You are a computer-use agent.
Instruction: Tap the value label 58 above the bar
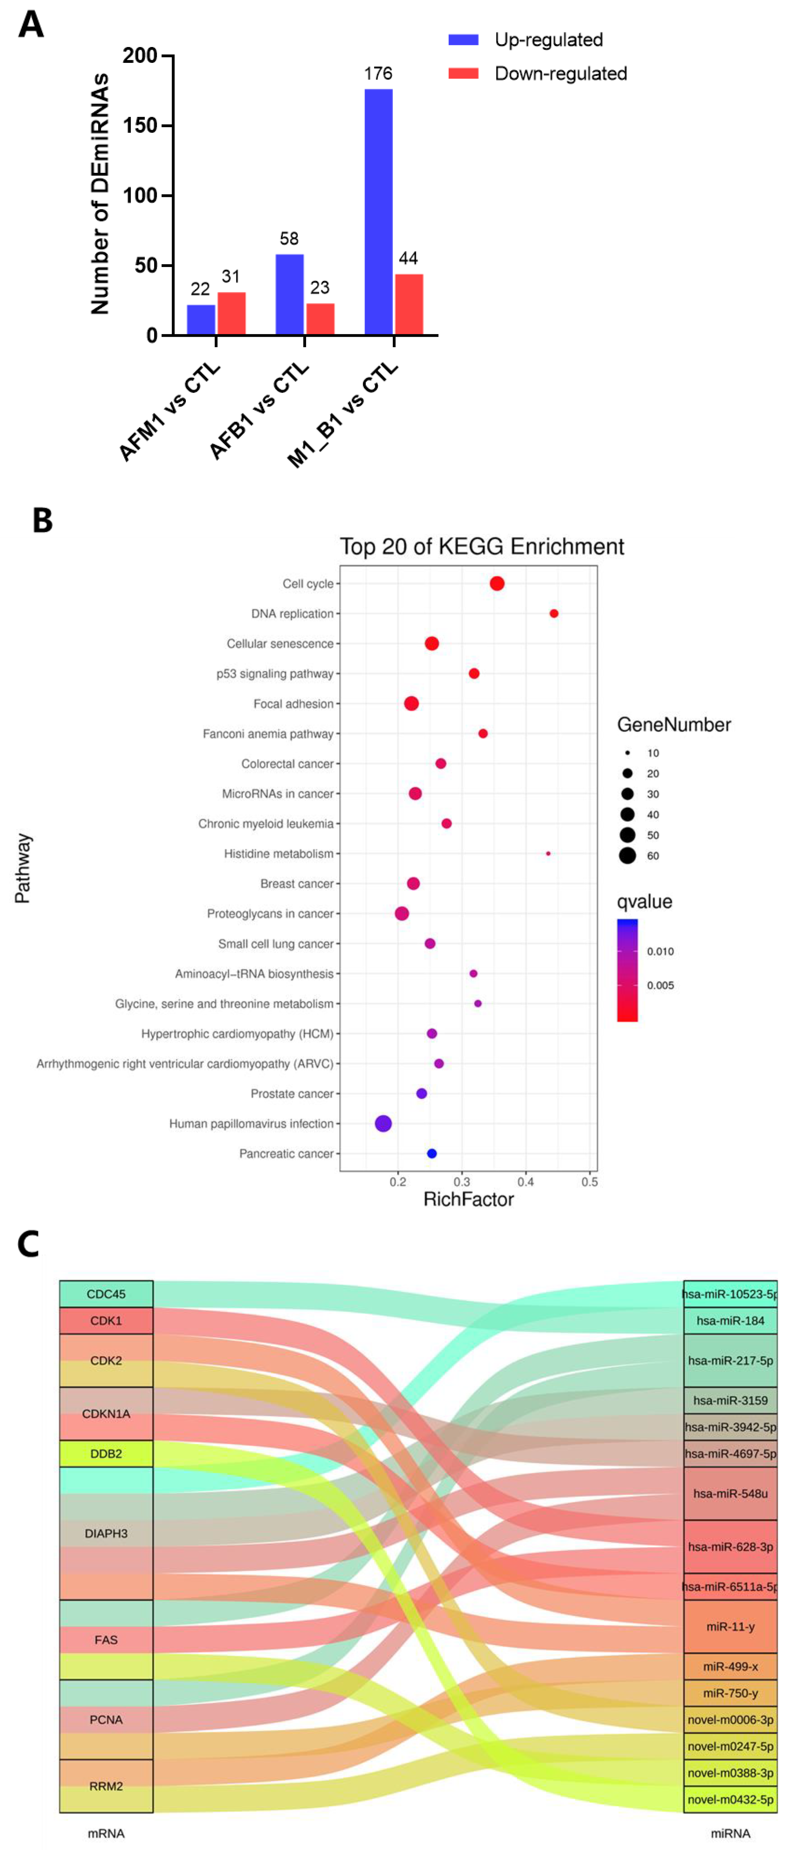[x=289, y=238]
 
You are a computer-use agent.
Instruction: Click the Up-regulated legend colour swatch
[x=463, y=39]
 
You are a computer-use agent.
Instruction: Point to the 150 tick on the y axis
[x=140, y=126]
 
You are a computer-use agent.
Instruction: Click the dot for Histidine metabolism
[x=548, y=853]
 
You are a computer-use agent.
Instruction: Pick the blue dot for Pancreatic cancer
[x=432, y=1154]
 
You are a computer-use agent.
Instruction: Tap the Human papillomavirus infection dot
[x=383, y=1123]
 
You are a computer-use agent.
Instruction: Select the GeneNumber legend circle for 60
[x=627, y=855]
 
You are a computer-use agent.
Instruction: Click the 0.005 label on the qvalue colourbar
[x=660, y=985]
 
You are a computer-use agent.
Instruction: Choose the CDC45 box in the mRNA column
[x=106, y=1294]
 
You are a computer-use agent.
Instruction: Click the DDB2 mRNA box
[x=106, y=1454]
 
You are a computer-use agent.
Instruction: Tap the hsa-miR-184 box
[x=730, y=1321]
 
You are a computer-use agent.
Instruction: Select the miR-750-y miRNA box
[x=730, y=1693]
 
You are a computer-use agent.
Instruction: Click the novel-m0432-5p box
[x=730, y=1799]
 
